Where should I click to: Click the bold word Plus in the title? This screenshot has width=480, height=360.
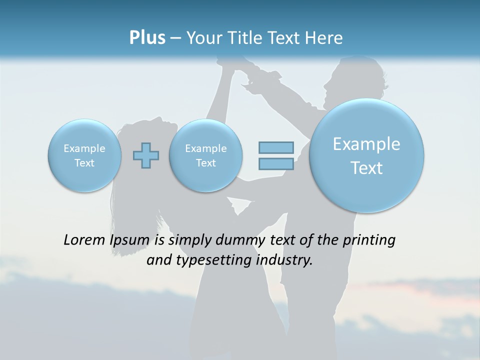tap(147, 38)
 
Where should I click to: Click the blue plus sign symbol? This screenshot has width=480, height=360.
tap(146, 155)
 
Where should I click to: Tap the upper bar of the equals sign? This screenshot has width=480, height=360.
tap(276, 147)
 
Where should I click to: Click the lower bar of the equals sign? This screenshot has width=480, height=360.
tap(276, 163)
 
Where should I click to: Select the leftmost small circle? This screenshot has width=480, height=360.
tap(84, 155)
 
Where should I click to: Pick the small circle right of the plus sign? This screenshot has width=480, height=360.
tap(205, 155)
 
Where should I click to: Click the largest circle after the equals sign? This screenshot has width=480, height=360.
tap(366, 155)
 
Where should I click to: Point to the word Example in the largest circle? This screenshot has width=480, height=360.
tap(366, 144)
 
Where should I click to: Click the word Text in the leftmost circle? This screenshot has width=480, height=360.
tap(84, 163)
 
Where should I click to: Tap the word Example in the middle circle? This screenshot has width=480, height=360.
tap(205, 148)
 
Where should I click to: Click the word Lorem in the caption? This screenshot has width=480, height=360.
tap(85, 240)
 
